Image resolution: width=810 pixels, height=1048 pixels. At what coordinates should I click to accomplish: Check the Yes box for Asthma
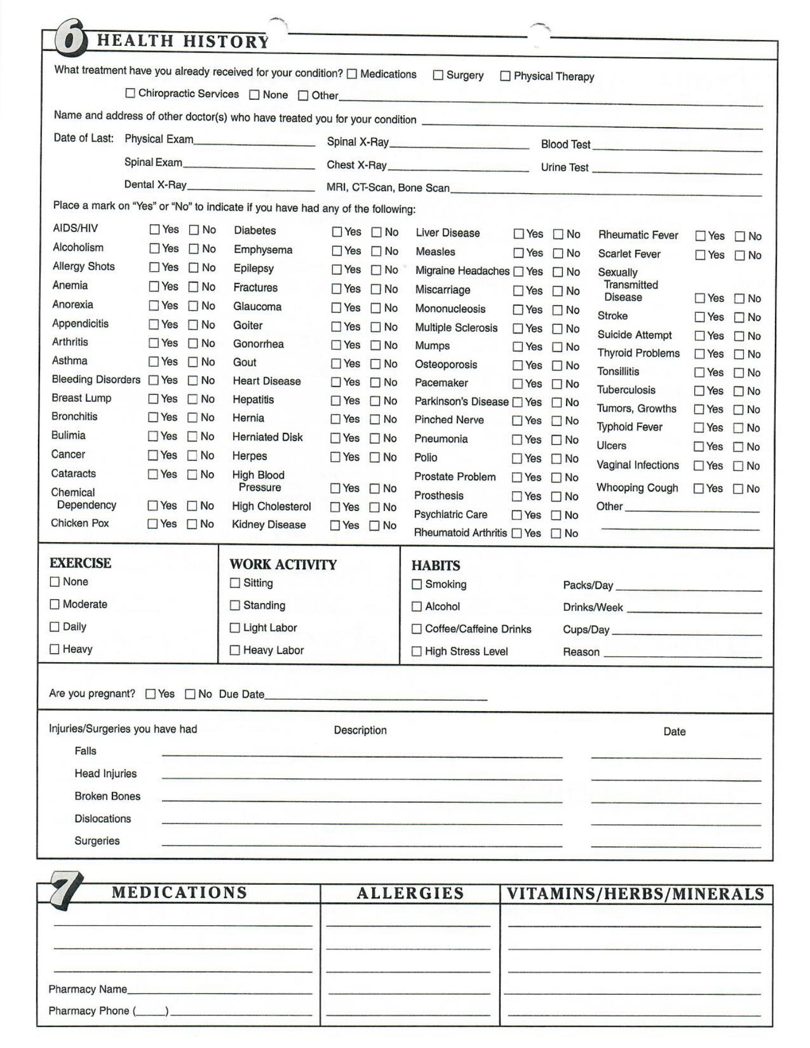click(x=154, y=361)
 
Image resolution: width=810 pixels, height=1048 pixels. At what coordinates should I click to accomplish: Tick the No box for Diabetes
click(x=377, y=232)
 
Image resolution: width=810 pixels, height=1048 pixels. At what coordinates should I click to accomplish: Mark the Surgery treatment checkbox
click(x=438, y=75)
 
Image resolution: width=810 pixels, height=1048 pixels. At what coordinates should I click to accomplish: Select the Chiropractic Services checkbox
click(x=130, y=93)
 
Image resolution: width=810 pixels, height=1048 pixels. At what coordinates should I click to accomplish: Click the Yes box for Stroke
click(x=700, y=317)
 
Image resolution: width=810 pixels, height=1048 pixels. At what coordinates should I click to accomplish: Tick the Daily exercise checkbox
click(x=55, y=627)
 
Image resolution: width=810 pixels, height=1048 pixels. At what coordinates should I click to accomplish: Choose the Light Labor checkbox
click(x=235, y=628)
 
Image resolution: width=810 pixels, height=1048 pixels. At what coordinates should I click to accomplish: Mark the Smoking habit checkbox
click(x=416, y=585)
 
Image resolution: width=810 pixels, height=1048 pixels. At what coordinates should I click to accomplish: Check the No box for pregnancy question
click(x=190, y=694)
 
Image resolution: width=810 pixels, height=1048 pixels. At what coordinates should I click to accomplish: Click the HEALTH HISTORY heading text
click(x=182, y=41)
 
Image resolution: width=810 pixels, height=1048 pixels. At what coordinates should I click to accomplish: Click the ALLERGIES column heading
click(x=410, y=894)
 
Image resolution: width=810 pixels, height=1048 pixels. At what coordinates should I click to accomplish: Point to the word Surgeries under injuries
click(x=97, y=841)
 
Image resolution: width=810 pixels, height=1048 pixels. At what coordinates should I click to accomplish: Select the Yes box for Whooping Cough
click(x=698, y=489)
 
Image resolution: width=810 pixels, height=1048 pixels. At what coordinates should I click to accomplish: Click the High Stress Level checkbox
click(x=416, y=651)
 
